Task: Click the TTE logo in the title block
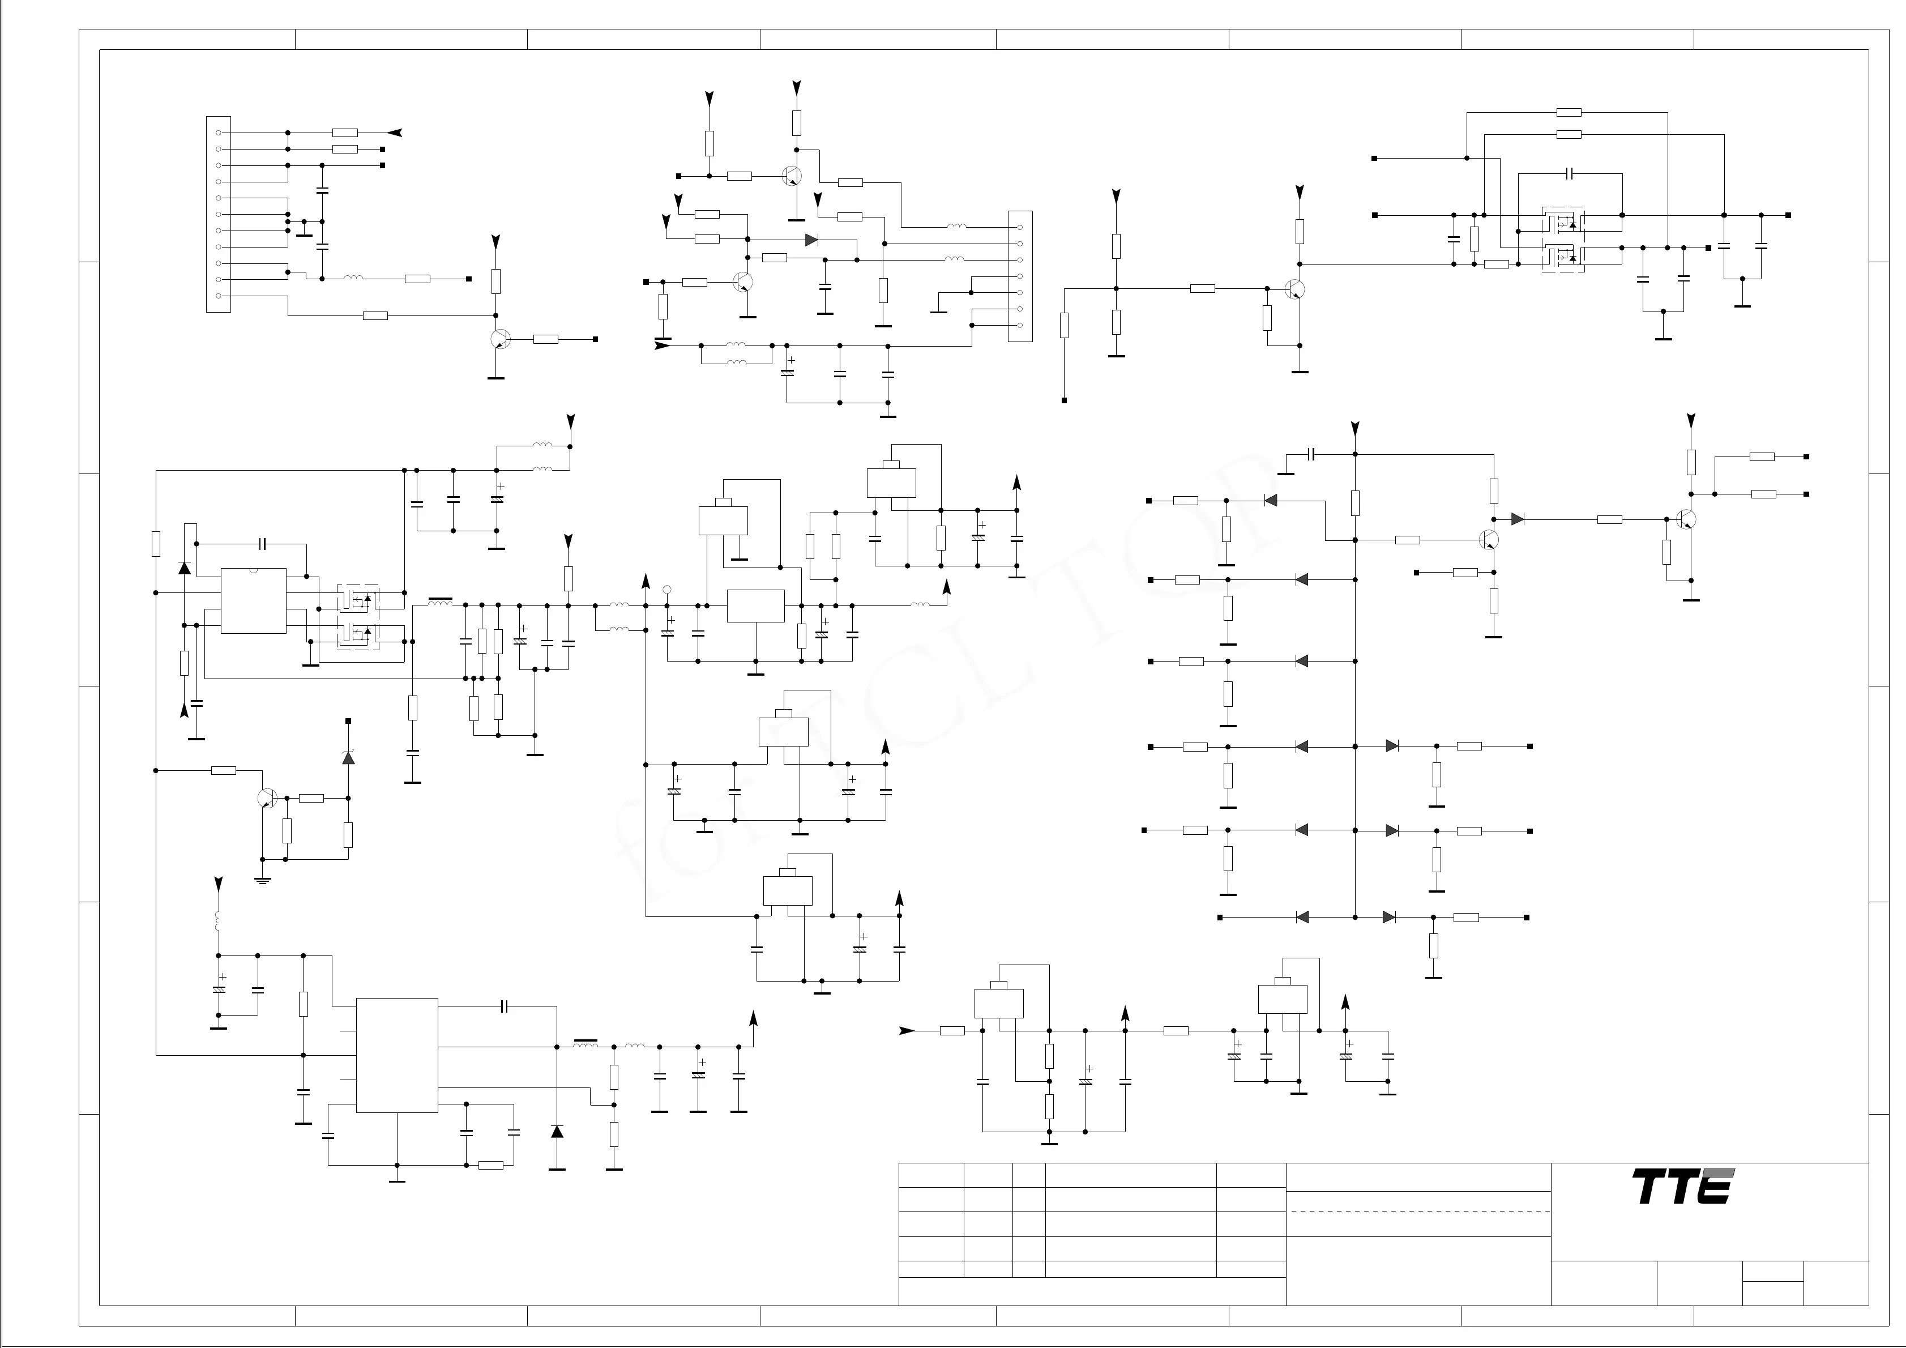click(x=1683, y=1187)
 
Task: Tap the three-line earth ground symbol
click(x=262, y=880)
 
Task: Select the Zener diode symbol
click(x=349, y=757)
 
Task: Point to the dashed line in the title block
click(x=1418, y=1211)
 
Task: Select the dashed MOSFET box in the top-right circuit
click(x=1562, y=239)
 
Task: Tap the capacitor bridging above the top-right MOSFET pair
click(x=1569, y=173)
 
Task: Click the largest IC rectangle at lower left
click(x=397, y=1055)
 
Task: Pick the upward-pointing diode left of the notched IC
click(x=184, y=568)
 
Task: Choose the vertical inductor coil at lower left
click(x=219, y=921)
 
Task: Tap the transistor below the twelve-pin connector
click(x=499, y=339)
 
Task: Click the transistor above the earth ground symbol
click(x=267, y=798)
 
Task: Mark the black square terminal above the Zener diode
click(x=349, y=721)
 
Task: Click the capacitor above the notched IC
click(x=262, y=544)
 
